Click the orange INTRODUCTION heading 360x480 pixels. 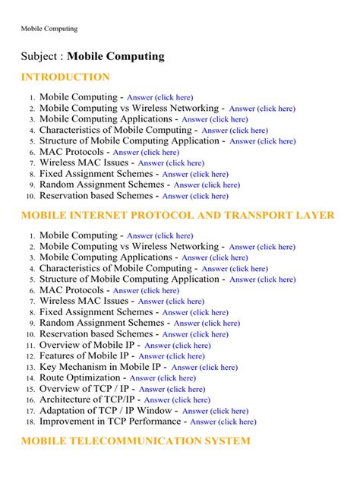tap(65, 77)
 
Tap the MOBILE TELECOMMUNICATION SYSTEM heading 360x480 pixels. tap(135, 441)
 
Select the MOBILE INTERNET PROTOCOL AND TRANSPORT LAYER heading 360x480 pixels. tap(177, 215)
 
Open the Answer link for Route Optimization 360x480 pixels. tap(163, 378)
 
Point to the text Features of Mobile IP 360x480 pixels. tap(86, 355)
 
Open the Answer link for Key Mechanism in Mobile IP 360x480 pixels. tap(204, 368)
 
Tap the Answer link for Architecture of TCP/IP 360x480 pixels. tap(177, 400)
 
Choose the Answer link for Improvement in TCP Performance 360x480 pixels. tap(223, 422)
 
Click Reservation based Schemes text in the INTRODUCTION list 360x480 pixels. tap(96, 195)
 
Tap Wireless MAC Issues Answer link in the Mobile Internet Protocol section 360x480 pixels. tap(171, 302)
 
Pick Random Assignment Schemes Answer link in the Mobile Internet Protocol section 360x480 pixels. tap(207, 324)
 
